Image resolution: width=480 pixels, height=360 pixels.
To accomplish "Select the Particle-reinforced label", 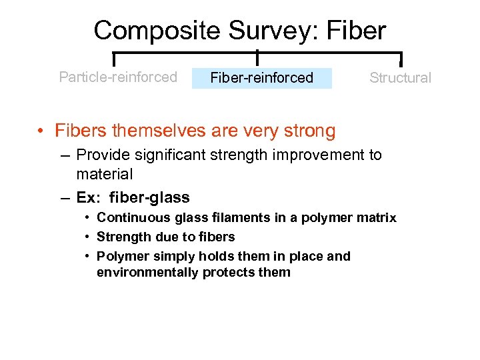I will [118, 77].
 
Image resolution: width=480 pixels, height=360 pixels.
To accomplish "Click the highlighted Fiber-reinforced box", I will [261, 78].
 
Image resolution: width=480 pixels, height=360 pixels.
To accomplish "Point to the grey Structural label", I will [400, 78].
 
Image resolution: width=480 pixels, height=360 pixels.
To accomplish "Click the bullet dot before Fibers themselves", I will [41, 131].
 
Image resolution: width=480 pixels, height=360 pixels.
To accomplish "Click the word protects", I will [227, 272].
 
